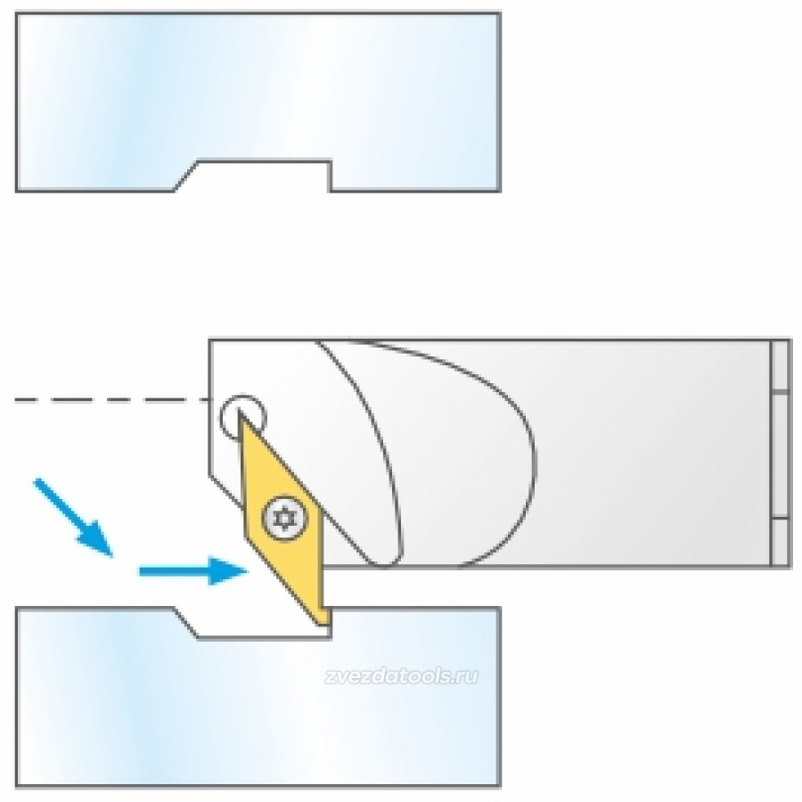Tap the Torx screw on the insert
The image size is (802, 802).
285,518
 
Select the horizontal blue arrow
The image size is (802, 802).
193,571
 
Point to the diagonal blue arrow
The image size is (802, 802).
73,517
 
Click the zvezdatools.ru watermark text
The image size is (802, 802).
402,676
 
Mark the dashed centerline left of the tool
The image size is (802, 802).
111,399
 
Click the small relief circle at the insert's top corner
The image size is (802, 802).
243,417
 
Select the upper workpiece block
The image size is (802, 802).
258,102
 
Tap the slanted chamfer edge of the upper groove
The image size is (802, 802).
185,176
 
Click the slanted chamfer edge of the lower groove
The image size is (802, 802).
185,623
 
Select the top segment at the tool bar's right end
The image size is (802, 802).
781,365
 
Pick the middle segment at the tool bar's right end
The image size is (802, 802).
781,455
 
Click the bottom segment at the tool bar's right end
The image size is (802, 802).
781,543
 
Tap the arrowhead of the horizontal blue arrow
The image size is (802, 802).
228,571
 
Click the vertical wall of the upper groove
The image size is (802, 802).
330,176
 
